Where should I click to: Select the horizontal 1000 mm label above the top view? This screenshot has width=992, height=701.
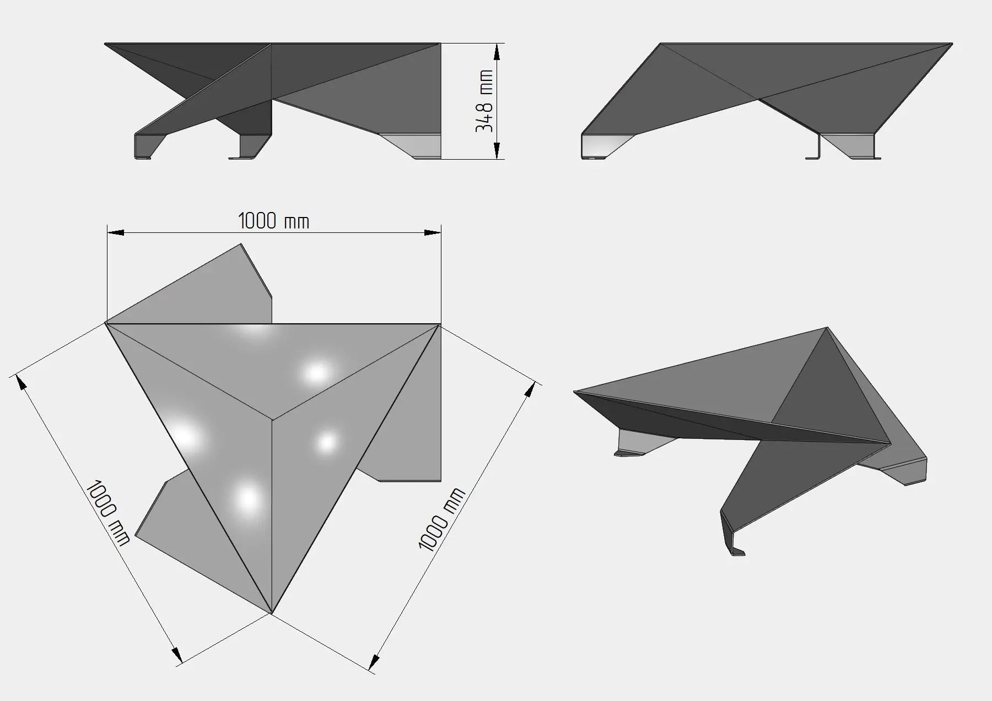[x=273, y=221]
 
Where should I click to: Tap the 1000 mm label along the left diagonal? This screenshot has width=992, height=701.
[x=109, y=512]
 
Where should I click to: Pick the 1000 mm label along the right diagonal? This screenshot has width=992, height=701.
[x=442, y=519]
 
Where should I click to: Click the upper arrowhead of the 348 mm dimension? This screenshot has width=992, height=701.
[x=497, y=52]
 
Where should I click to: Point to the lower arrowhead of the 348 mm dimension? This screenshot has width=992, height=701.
[x=497, y=150]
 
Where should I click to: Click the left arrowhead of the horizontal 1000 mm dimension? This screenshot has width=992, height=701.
[x=115, y=233]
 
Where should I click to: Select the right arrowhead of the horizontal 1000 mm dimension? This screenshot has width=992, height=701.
[x=433, y=233]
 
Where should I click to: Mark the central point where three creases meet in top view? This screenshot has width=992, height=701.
[x=272, y=420]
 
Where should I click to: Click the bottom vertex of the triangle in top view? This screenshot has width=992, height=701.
[x=272, y=612]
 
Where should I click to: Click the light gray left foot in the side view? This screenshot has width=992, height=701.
[x=606, y=146]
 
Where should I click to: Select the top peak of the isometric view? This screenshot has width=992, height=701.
[x=827, y=328]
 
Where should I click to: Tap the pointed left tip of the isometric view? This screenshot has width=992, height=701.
[x=575, y=392]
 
